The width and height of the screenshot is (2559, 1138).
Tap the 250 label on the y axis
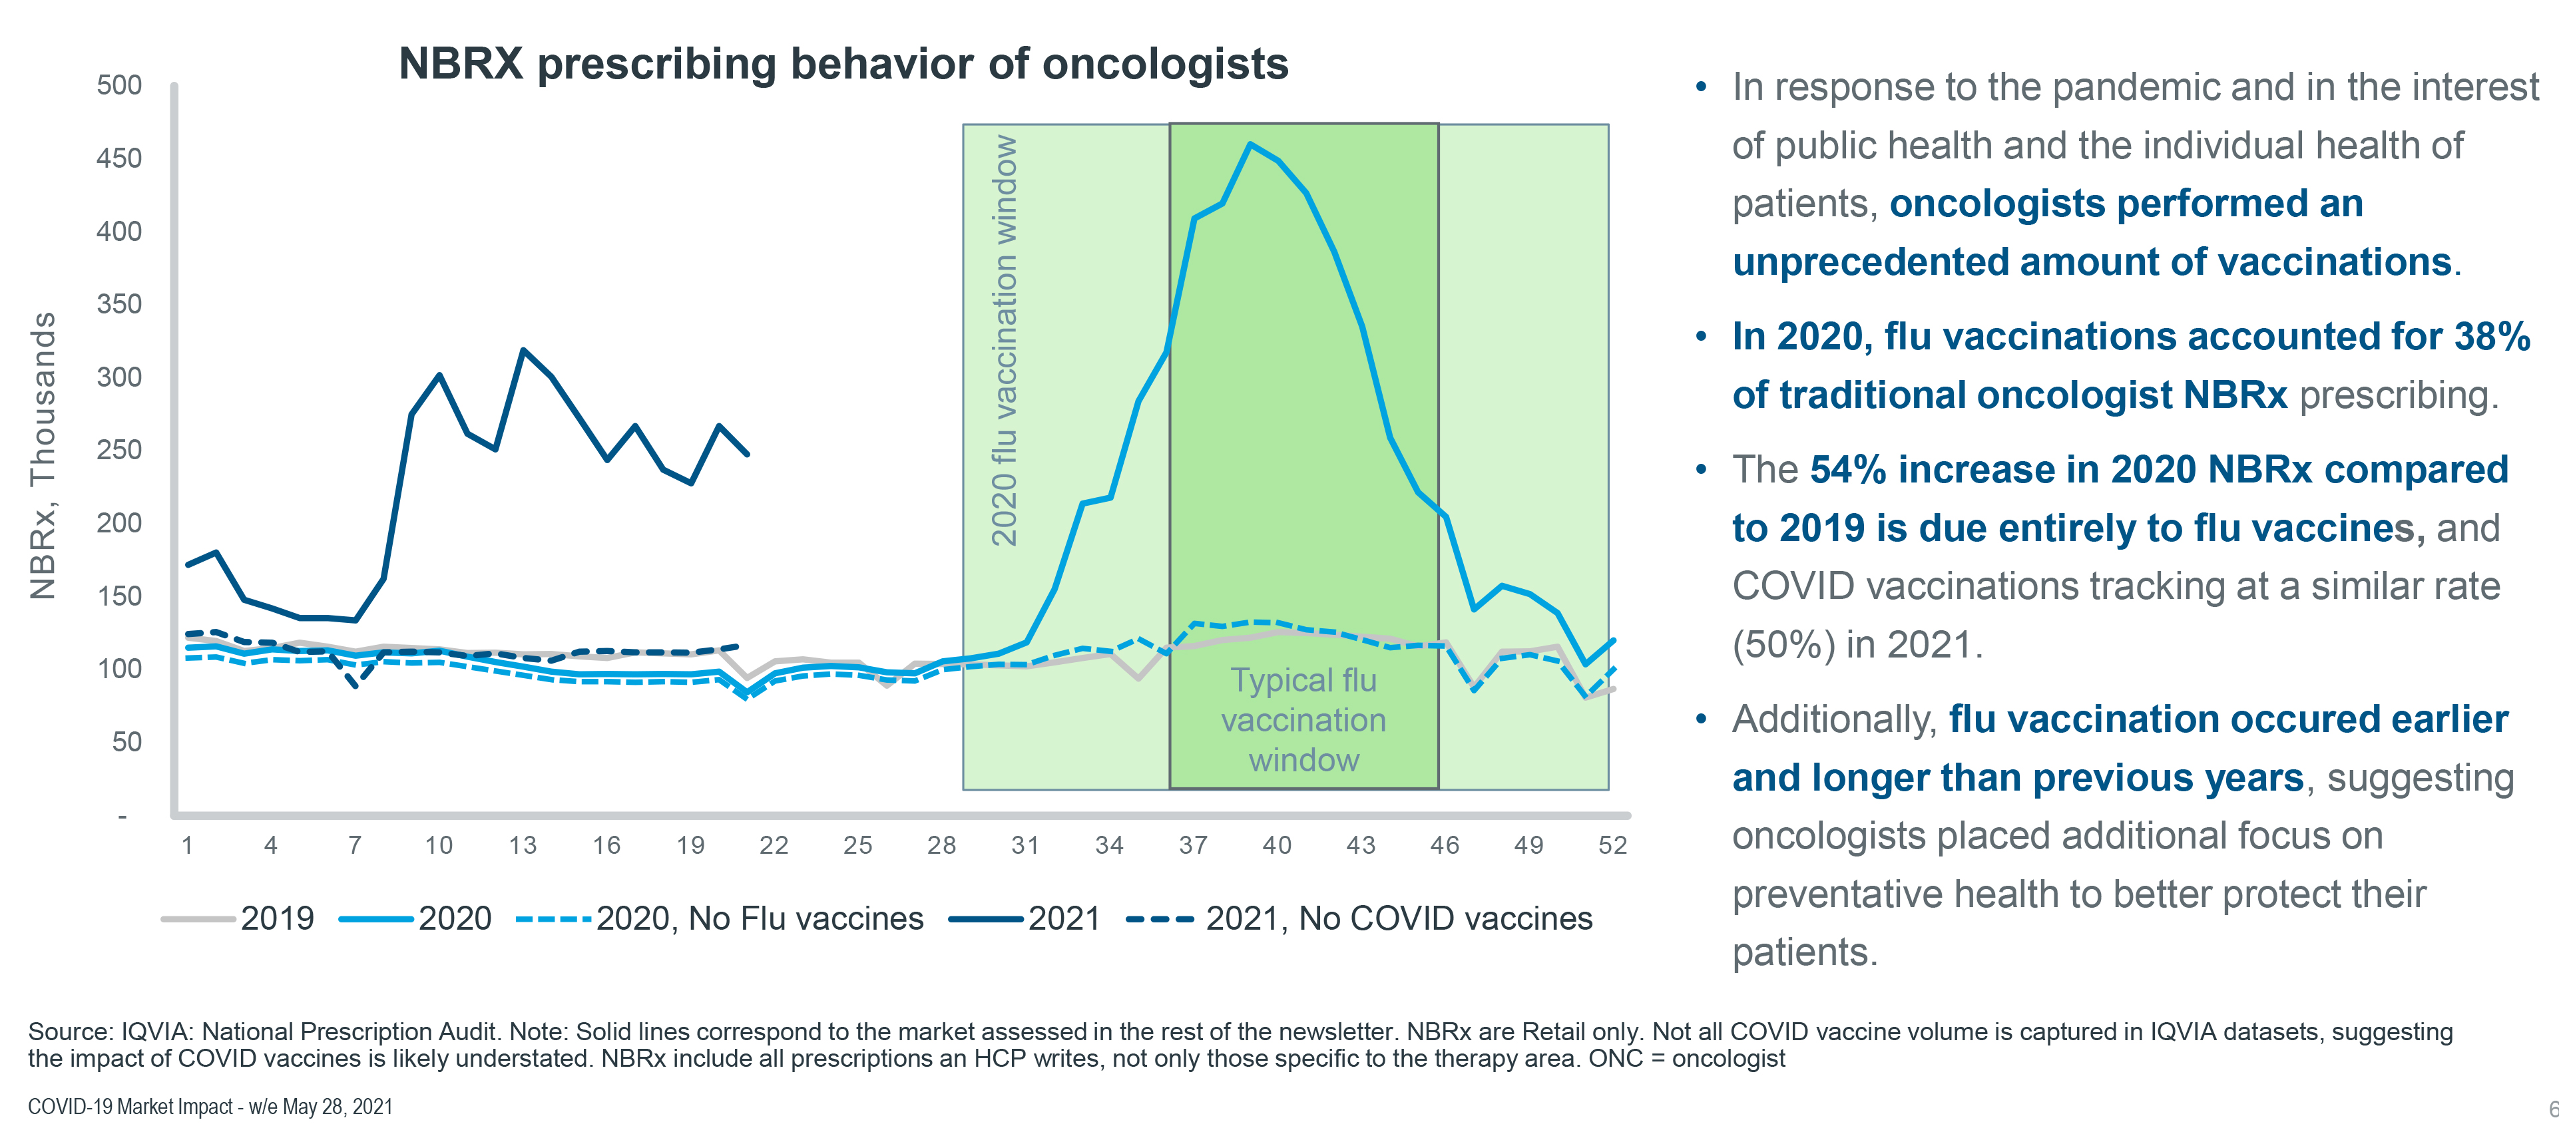coord(119,450)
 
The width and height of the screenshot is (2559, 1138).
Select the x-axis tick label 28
coord(941,846)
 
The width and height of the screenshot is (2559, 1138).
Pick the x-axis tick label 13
coord(523,846)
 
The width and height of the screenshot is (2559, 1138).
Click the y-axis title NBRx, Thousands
coord(43,456)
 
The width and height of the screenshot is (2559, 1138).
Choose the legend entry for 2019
coord(276,918)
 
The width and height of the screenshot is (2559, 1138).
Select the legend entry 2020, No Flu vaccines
coord(759,918)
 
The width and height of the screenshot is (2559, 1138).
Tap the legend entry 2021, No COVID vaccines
coord(1398,918)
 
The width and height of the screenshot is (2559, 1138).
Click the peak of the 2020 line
coord(1250,145)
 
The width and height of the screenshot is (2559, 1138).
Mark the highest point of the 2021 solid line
coord(523,351)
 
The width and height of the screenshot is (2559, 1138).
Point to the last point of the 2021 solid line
coord(747,454)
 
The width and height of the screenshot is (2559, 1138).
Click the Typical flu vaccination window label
coord(1303,720)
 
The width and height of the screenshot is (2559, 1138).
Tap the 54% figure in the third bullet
coord(1847,470)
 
